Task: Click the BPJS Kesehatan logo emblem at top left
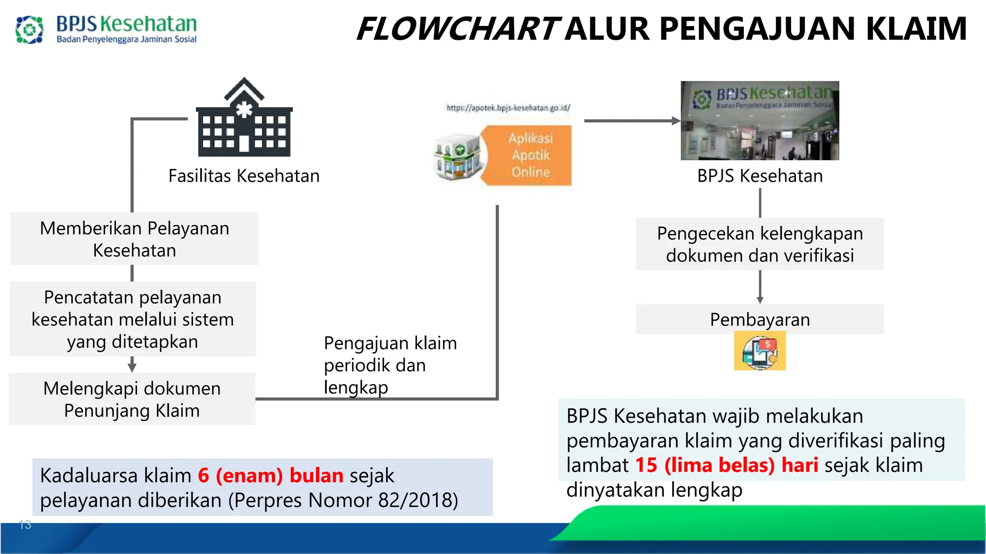[x=29, y=29]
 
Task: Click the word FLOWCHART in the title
[x=457, y=29]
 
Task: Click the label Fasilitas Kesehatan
[x=244, y=176]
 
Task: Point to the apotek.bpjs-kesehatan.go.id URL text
[x=508, y=108]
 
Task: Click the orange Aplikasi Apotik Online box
[x=530, y=155]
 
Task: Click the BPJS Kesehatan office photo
[x=759, y=120]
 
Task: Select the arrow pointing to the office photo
[x=631, y=121]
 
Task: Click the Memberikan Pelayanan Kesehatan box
[x=134, y=239]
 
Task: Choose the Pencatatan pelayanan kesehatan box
[x=132, y=319]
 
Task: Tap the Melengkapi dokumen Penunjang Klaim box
[x=132, y=399]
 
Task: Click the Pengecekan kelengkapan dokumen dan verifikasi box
[x=759, y=244]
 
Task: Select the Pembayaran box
[x=759, y=319]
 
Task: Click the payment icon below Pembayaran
[x=759, y=352]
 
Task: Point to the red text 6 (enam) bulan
[x=270, y=476]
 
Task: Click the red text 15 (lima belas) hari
[x=726, y=465]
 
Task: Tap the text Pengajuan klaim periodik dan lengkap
[x=389, y=365]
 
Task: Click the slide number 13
[x=25, y=525]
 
